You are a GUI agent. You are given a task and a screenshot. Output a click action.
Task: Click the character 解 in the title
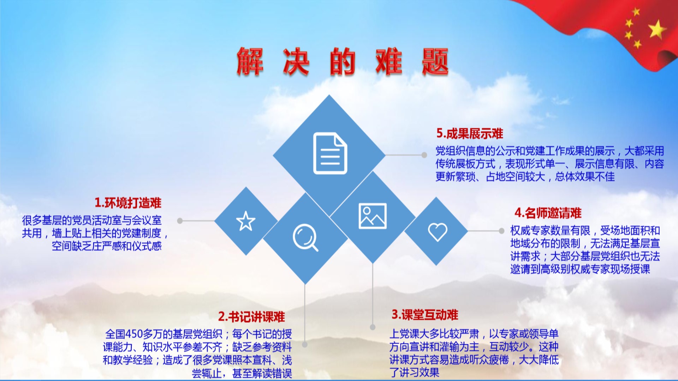[250, 61]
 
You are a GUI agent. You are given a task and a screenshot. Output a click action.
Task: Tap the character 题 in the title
[435, 61]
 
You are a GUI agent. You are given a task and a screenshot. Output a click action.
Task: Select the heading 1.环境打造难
[128, 203]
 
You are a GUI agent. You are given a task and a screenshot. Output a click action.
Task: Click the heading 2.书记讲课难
[251, 316]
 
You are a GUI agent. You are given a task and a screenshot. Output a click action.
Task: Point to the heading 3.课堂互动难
[425, 314]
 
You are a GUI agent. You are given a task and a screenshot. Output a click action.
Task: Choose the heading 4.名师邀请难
[548, 213]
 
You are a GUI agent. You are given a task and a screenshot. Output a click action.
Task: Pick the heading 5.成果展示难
[470, 133]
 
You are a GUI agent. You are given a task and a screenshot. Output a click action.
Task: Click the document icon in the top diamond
[330, 153]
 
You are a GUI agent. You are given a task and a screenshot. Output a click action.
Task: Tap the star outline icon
[246, 221]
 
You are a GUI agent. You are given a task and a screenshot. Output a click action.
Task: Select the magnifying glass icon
[305, 237]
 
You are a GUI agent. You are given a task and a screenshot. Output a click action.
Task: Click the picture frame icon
[373, 216]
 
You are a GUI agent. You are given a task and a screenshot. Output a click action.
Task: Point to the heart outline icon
[438, 232]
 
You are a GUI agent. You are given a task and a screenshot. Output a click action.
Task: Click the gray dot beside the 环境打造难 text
[180, 221]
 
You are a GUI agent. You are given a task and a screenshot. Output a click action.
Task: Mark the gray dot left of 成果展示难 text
[424, 155]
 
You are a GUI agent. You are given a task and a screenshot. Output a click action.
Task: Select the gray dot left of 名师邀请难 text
[501, 231]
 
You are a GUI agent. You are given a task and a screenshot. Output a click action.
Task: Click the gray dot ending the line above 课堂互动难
[373, 327]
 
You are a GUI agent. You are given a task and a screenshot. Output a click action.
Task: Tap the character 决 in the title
[296, 61]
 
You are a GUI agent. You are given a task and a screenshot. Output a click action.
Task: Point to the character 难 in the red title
[389, 61]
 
